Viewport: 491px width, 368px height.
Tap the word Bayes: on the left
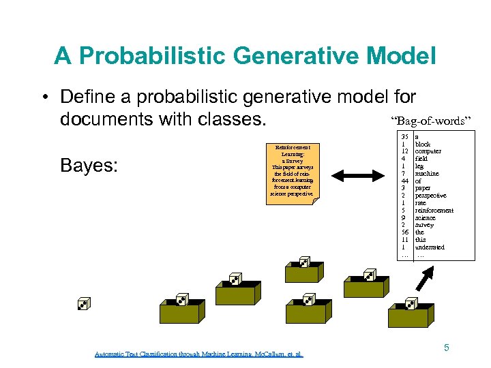pyautogui.click(x=88, y=166)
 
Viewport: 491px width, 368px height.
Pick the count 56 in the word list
pyautogui.click(x=404, y=232)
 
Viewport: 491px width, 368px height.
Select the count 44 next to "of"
pyautogui.click(x=404, y=181)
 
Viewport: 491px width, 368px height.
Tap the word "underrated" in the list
pyautogui.click(x=430, y=247)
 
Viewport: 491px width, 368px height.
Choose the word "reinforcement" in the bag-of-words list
pyautogui.click(x=434, y=211)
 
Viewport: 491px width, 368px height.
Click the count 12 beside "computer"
pyautogui.click(x=404, y=151)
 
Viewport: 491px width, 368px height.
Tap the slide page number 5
pyautogui.click(x=447, y=348)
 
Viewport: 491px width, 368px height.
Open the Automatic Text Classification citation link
pyautogui.click(x=199, y=354)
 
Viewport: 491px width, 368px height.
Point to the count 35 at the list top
pyautogui.click(x=404, y=137)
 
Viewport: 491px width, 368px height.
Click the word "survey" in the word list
pyautogui.click(x=424, y=225)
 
